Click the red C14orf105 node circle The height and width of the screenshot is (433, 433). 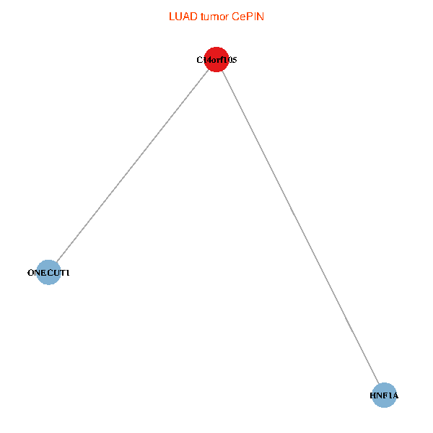(x=216, y=60)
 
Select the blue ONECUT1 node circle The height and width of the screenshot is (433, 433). (x=48, y=272)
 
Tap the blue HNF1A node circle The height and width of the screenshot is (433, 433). (x=384, y=395)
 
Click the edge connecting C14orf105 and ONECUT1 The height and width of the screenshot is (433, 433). (x=133, y=166)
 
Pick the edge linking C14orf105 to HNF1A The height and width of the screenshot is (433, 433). (x=300, y=227)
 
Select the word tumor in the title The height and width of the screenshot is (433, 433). (x=214, y=17)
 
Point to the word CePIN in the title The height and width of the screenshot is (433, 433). (x=248, y=17)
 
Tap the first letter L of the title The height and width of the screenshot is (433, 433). (x=172, y=17)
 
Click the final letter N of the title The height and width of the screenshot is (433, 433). (x=261, y=17)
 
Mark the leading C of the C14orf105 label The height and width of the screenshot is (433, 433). (x=199, y=60)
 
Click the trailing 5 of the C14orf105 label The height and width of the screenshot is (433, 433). (x=235, y=60)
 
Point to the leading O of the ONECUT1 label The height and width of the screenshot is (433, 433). (x=30, y=273)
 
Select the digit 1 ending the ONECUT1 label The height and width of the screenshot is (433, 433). (x=67, y=273)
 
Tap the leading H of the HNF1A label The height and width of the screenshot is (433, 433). (x=373, y=395)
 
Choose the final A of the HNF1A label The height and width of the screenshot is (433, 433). (x=395, y=395)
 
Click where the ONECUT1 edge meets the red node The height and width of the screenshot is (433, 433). (x=209, y=69)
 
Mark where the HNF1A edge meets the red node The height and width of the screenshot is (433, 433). (x=222, y=71)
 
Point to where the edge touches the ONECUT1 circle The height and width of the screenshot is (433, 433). (x=56, y=263)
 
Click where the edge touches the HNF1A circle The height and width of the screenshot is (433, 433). (x=379, y=384)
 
